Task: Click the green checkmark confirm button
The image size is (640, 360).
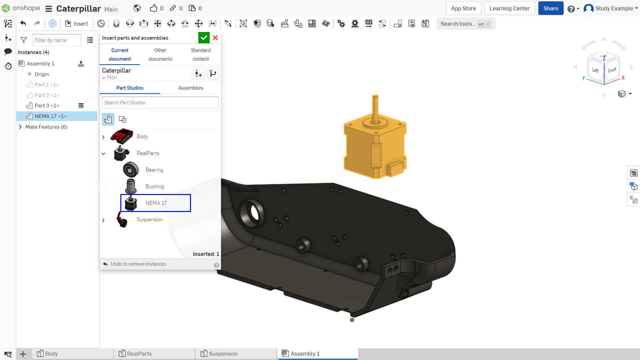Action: point(204,38)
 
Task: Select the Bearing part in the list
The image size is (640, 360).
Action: point(154,170)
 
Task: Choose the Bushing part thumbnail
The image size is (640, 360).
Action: point(131,186)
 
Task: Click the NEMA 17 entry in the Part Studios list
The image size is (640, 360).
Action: point(156,203)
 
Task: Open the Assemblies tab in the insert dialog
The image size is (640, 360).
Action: point(191,88)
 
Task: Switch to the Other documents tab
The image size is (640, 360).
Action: point(160,54)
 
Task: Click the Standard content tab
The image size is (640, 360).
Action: point(201,54)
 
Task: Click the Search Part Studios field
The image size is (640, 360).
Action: point(160,103)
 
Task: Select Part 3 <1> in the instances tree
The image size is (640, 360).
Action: point(47,106)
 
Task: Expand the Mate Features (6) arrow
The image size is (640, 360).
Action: point(20,127)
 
